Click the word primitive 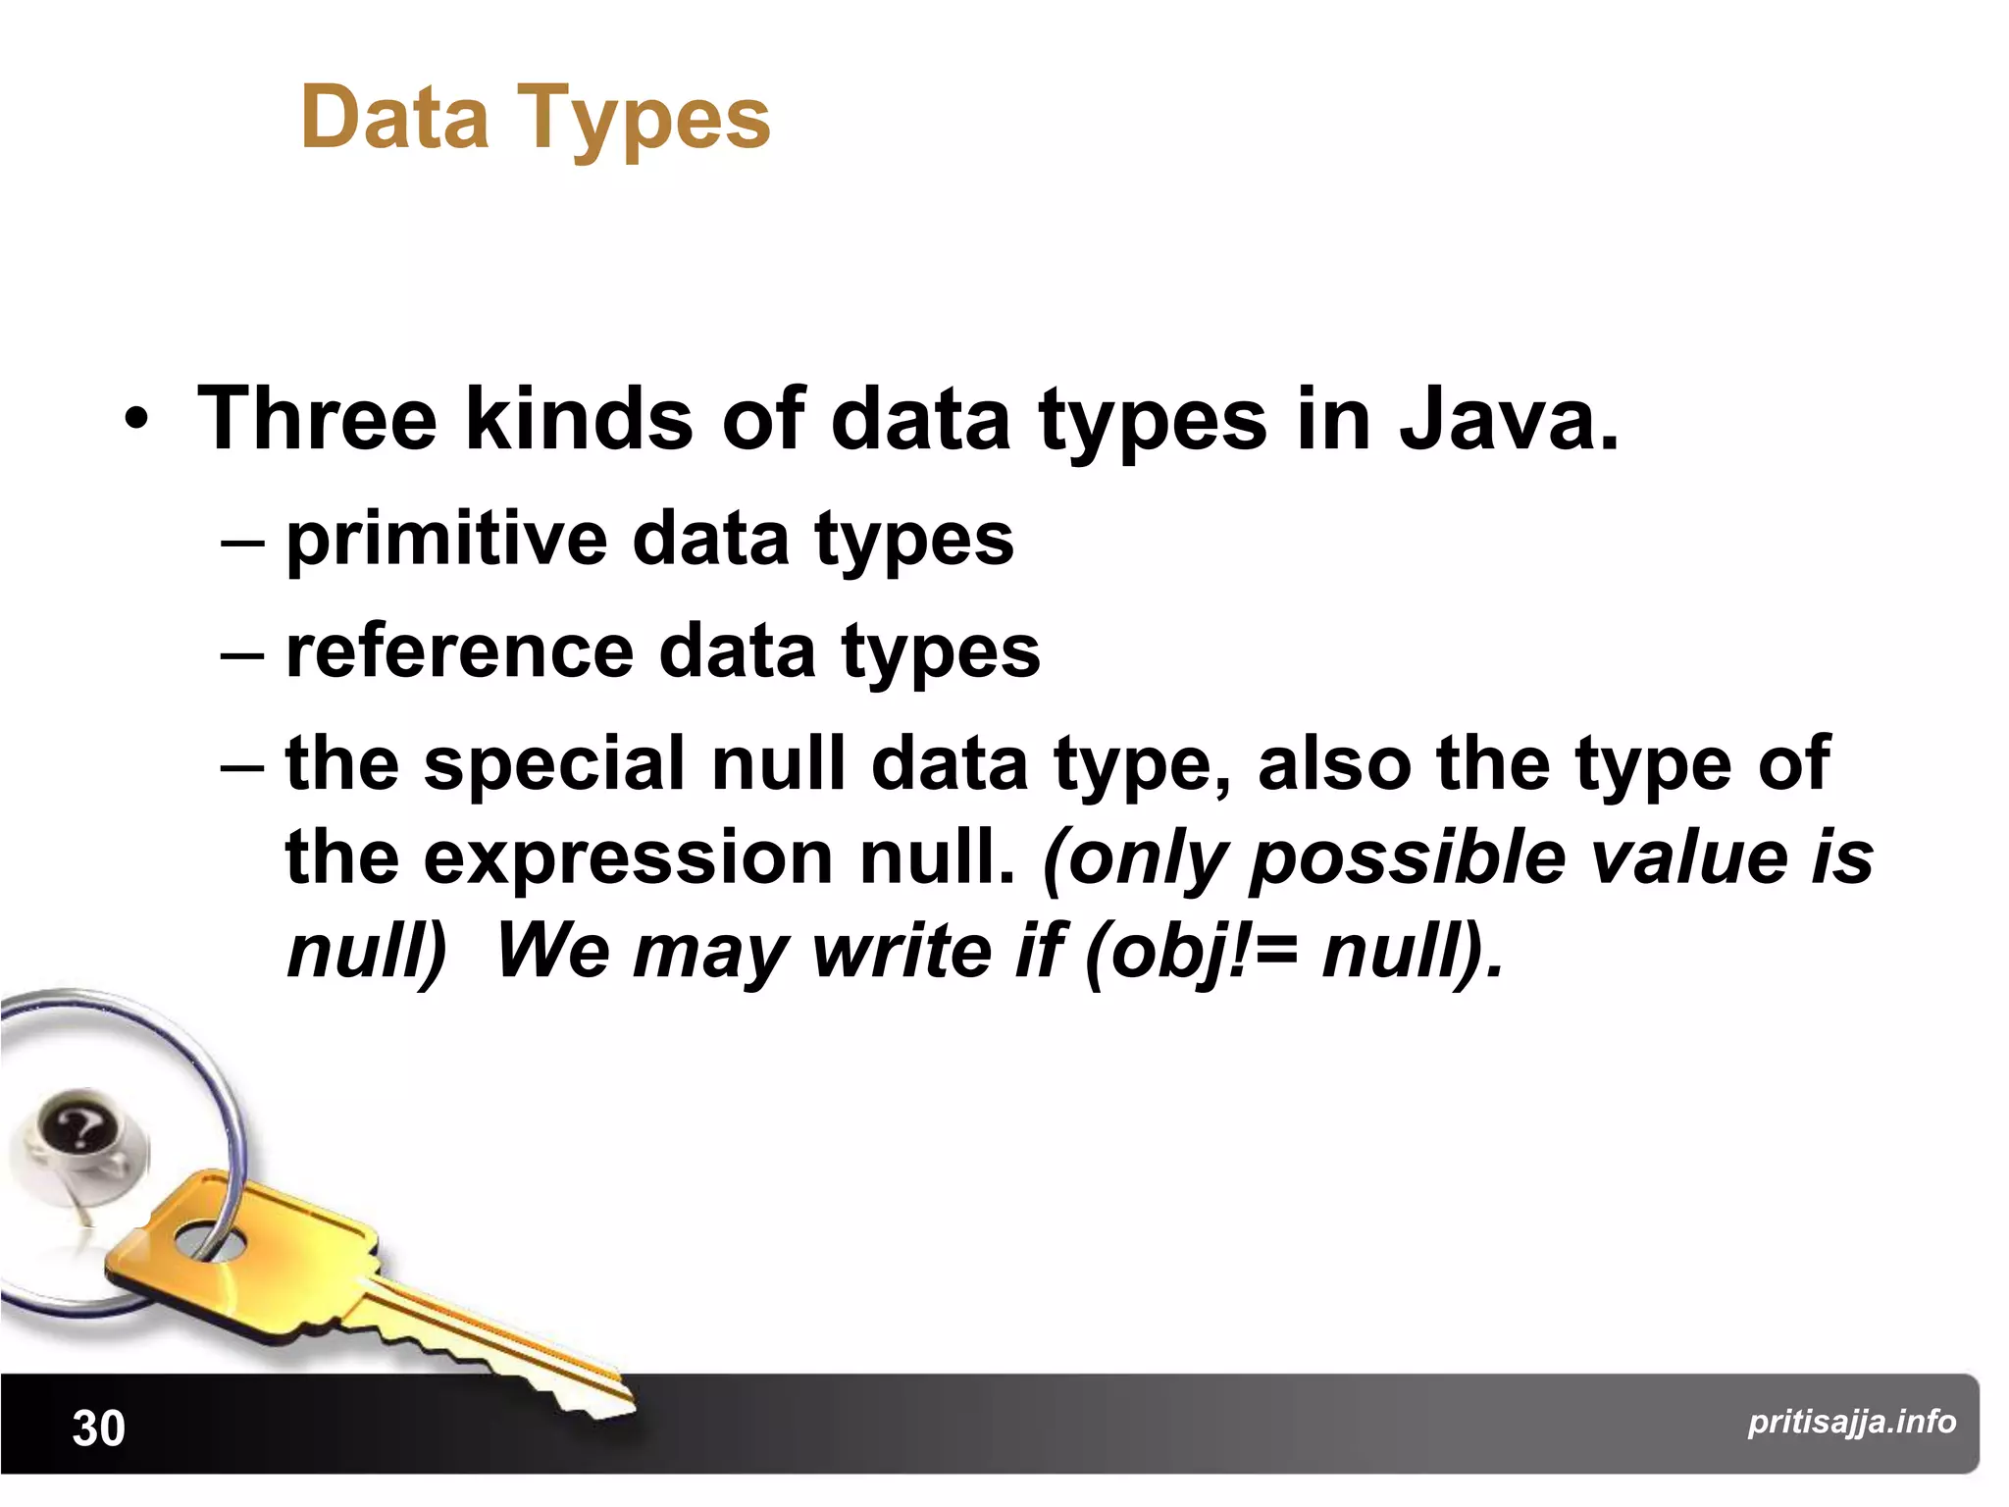point(445,541)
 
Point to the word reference point(459,651)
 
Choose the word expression point(628,857)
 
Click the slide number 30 point(98,1429)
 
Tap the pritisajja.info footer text point(1851,1422)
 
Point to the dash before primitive point(242,541)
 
